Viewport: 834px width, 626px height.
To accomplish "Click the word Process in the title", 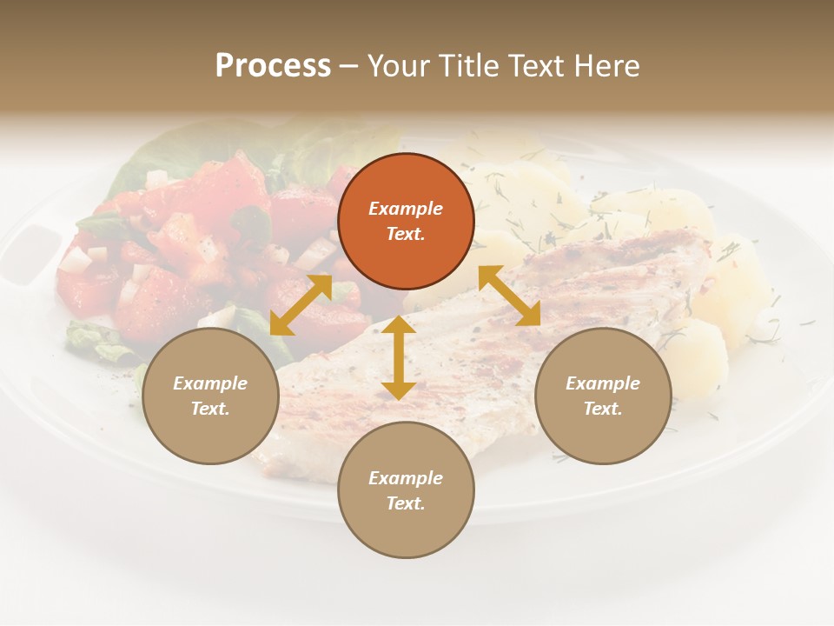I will pos(273,66).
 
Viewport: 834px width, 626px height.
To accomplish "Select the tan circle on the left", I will pos(210,396).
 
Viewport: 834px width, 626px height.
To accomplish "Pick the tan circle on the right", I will pos(603,396).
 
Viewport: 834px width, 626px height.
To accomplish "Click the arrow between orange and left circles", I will pos(301,304).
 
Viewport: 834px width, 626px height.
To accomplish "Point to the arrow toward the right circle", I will pos(509,296).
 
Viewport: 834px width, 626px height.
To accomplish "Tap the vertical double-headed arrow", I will pos(399,357).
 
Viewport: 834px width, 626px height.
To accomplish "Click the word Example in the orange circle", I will pos(406,209).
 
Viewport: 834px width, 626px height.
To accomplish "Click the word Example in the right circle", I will pos(603,383).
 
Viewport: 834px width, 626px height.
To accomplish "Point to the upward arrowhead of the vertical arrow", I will pos(399,323).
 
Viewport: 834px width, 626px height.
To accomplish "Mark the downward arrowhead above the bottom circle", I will pos(399,390).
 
